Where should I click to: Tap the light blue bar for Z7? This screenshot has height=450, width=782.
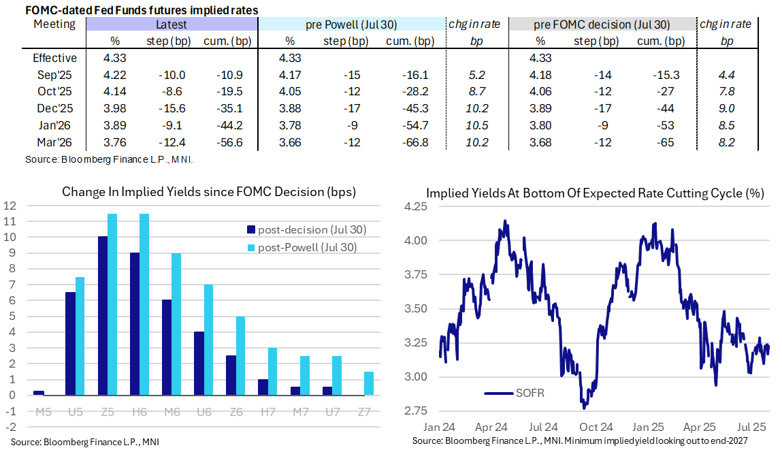point(368,383)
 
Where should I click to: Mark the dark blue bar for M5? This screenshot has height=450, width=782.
point(39,393)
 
